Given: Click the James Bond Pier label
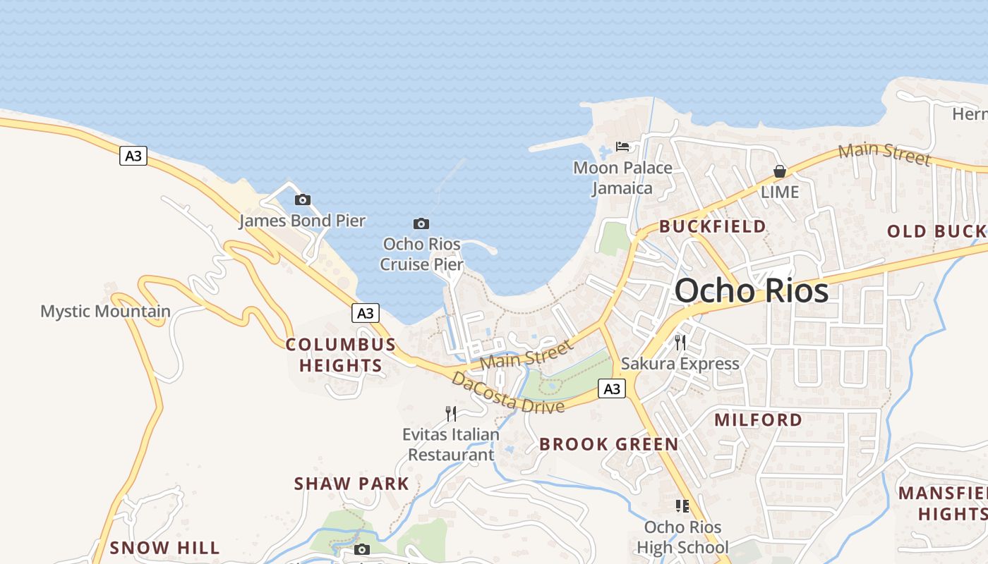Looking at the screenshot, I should [x=302, y=221].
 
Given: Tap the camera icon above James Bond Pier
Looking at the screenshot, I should [x=303, y=200].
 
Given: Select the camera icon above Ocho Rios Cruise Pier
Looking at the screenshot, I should [x=421, y=223].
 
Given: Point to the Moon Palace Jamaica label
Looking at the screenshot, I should [x=622, y=178].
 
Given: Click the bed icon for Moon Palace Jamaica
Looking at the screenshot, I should [x=622, y=147].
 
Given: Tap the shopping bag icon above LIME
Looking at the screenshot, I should [x=780, y=171].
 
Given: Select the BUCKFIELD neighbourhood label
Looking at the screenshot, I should [x=713, y=226].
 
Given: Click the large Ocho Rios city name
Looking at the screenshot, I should [x=751, y=290].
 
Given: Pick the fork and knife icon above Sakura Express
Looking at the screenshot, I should [x=680, y=343].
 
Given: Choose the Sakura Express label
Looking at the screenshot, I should [x=680, y=364].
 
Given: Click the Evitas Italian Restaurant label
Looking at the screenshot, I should [x=451, y=444].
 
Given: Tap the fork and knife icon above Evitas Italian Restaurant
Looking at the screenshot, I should [x=451, y=413].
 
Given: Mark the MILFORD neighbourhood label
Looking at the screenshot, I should [x=759, y=420].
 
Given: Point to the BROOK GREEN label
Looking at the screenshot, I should [x=608, y=444].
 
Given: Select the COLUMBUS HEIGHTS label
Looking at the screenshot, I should [x=341, y=355].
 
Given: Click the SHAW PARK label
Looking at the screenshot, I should [x=351, y=484].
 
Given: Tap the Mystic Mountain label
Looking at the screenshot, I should [x=105, y=311].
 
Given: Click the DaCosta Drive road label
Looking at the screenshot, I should [x=507, y=393].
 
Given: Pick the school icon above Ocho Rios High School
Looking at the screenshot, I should [x=682, y=505].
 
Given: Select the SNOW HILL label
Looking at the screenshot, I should [x=164, y=548].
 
